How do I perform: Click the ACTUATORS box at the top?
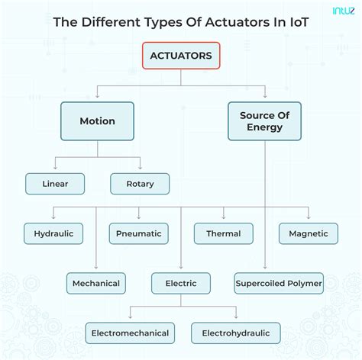pyautogui.click(x=181, y=56)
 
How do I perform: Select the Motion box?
pyautogui.click(x=97, y=121)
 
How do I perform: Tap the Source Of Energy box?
pyautogui.click(x=265, y=121)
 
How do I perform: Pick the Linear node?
pyautogui.click(x=55, y=184)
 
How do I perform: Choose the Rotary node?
pyautogui.click(x=140, y=184)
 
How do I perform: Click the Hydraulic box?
pyautogui.click(x=53, y=233)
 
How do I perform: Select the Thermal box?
pyautogui.click(x=223, y=233)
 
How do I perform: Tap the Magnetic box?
pyautogui.click(x=309, y=233)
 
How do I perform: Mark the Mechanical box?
pyautogui.click(x=95, y=283)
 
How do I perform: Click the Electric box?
pyautogui.click(x=180, y=283)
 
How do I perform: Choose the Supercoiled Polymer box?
pyautogui.click(x=279, y=283)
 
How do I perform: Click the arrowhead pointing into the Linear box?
pyautogui.click(x=55, y=170)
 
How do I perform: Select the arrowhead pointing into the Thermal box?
pyautogui.click(x=223, y=220)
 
